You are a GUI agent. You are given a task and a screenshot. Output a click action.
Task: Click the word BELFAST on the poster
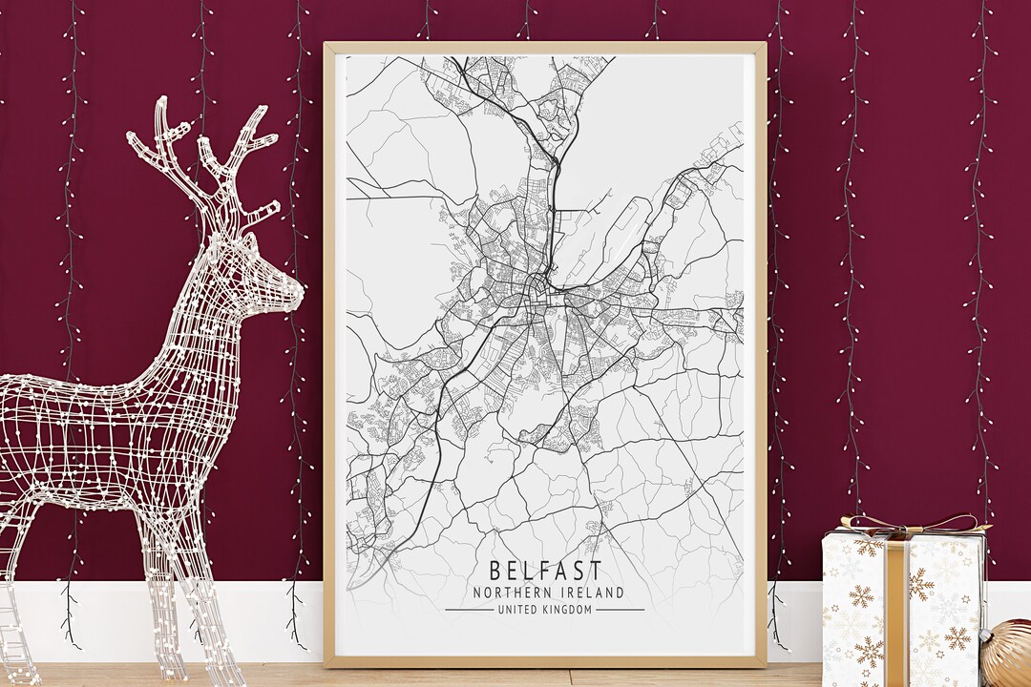click(x=545, y=572)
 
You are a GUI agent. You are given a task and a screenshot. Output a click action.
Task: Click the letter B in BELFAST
click(x=495, y=572)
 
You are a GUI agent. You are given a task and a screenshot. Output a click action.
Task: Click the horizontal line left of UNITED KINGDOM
click(x=468, y=610)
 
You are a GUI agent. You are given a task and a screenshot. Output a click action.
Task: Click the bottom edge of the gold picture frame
click(x=544, y=661)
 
